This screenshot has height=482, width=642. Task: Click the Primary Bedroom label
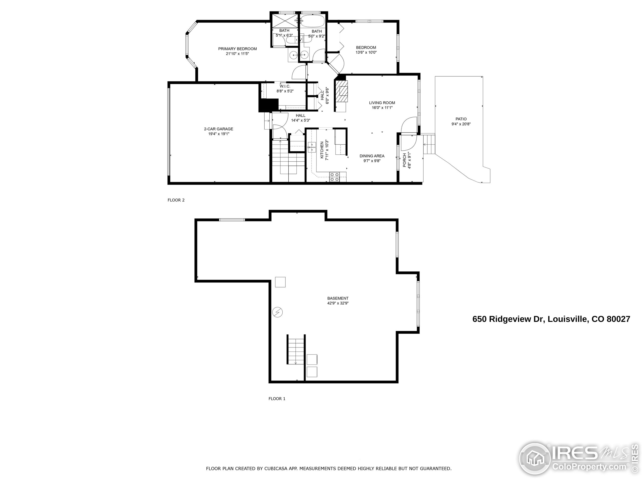pos(237,49)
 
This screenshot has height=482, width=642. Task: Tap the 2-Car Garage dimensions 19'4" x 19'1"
pos(218,134)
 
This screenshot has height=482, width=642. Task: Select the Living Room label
pos(382,103)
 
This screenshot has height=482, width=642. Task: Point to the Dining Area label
pos(372,156)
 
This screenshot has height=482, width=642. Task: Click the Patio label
pos(461,119)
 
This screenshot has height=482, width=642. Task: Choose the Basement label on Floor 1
pos(338,298)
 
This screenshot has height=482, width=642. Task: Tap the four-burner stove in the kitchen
pos(334,177)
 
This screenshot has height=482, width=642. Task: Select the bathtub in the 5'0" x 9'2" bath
pos(312,20)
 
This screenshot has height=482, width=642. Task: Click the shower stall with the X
pos(284,20)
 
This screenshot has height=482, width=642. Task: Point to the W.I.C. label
pos(285,86)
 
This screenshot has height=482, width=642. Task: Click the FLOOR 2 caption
pos(176,200)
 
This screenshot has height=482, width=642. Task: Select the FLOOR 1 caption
pos(277,399)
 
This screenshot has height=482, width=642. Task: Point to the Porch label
pos(405,160)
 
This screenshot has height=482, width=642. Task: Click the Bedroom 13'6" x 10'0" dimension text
pos(366,52)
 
